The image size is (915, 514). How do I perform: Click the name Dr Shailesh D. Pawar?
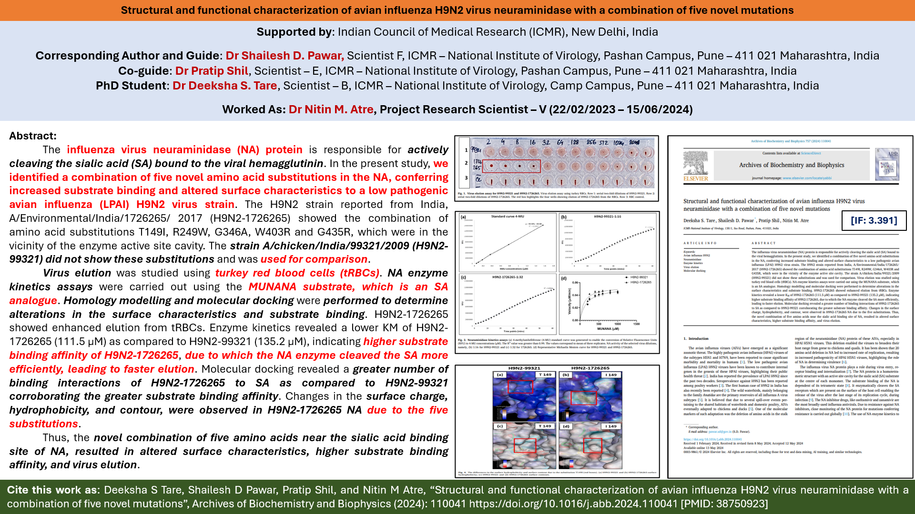285,56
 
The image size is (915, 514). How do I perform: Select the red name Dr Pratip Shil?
212,71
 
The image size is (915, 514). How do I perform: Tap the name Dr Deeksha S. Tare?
224,86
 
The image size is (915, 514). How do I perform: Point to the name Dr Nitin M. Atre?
331,109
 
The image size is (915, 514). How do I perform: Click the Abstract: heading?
33,136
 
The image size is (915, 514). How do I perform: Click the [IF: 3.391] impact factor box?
874,220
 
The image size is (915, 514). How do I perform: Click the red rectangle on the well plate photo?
511,166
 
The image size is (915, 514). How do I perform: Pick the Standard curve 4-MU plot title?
507,217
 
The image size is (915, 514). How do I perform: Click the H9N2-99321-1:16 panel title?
607,217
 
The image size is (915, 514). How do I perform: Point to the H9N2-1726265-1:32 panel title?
507,277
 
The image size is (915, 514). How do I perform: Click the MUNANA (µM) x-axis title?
608,329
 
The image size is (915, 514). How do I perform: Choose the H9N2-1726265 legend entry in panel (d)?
640,282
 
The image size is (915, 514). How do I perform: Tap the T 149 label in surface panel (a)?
545,375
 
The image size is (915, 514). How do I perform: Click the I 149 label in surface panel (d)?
611,426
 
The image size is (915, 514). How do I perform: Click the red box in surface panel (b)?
583,397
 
